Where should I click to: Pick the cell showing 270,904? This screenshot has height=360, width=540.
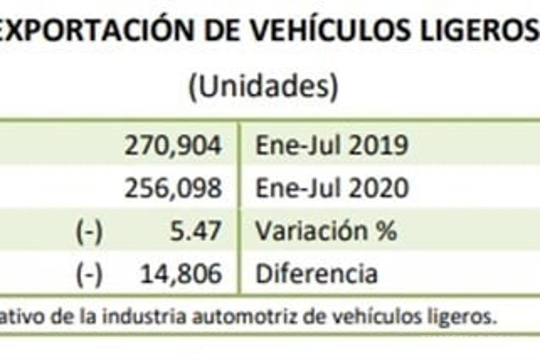tap(173, 146)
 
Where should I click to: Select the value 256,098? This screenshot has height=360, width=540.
tap(173, 188)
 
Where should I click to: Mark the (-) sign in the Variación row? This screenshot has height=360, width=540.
tap(89, 231)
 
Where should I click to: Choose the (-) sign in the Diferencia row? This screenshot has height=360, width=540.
tap(89, 274)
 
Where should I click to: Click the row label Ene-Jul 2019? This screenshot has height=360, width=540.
tap(332, 146)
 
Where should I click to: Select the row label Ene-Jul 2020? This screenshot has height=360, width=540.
tap(332, 188)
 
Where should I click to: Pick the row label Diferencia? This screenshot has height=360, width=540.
tap(316, 274)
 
